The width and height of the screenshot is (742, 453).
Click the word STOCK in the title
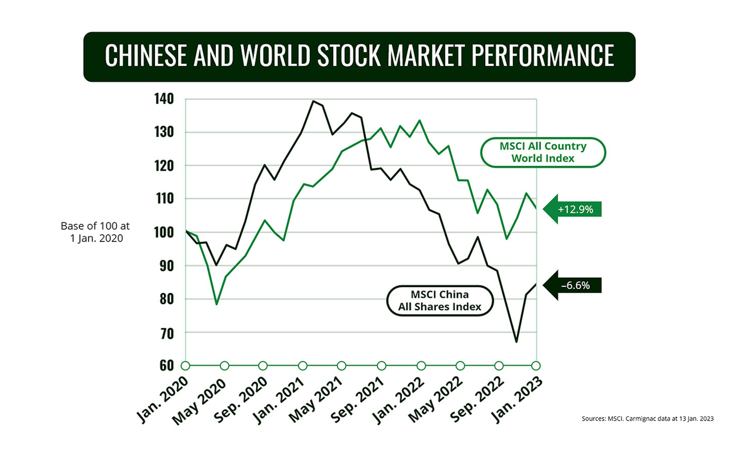click(349, 55)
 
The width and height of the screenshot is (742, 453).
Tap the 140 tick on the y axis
click(164, 99)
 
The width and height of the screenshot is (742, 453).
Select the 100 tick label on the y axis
click(164, 233)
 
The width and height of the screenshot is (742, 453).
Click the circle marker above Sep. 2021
click(382, 366)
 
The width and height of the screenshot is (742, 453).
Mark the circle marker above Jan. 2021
click(302, 366)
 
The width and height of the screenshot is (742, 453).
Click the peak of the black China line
click(313, 101)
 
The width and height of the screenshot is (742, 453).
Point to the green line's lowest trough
click(217, 304)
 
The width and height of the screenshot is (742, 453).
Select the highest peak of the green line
click(420, 121)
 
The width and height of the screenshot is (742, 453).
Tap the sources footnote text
click(648, 418)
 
